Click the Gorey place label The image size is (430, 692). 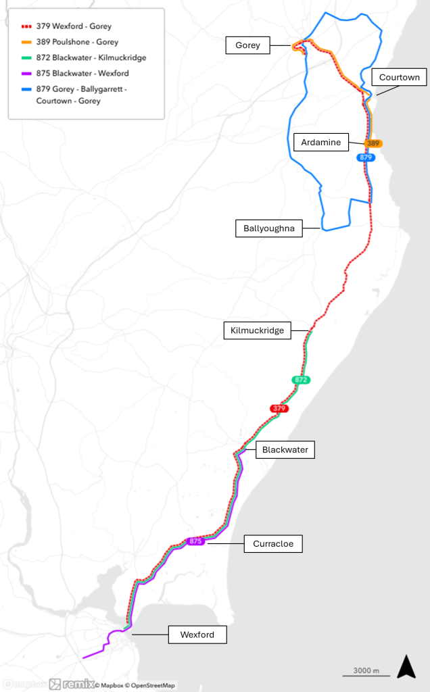(247, 46)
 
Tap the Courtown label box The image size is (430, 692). (400, 78)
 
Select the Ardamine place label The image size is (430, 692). (322, 143)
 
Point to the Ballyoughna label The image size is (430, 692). (268, 228)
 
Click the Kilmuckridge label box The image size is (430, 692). (257, 330)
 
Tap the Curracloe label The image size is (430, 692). (273, 543)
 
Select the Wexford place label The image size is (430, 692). (197, 635)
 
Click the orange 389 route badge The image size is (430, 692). (374, 143)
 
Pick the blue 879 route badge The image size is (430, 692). (366, 157)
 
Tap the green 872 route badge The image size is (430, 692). (302, 380)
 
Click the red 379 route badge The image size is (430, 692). (279, 408)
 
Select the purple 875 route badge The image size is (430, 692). (196, 541)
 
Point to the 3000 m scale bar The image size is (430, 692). (366, 672)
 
